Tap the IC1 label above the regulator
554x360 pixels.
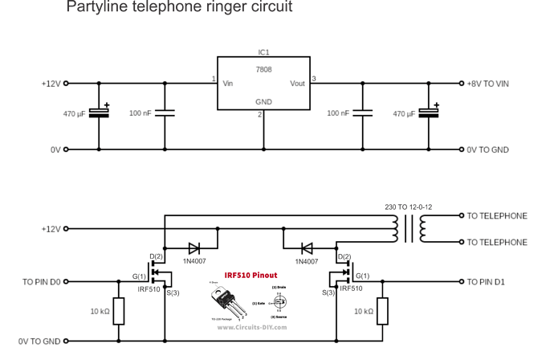point(263,52)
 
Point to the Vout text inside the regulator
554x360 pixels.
point(297,83)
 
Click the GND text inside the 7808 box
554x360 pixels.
point(263,102)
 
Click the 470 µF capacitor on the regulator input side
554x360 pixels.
point(99,113)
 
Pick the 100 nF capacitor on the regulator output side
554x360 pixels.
point(363,113)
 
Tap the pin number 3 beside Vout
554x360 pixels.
point(314,79)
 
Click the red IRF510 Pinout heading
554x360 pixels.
point(251,275)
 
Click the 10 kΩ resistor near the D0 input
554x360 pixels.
point(119,311)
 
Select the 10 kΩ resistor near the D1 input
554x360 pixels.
point(382,310)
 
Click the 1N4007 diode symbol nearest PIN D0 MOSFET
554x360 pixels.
point(193,248)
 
